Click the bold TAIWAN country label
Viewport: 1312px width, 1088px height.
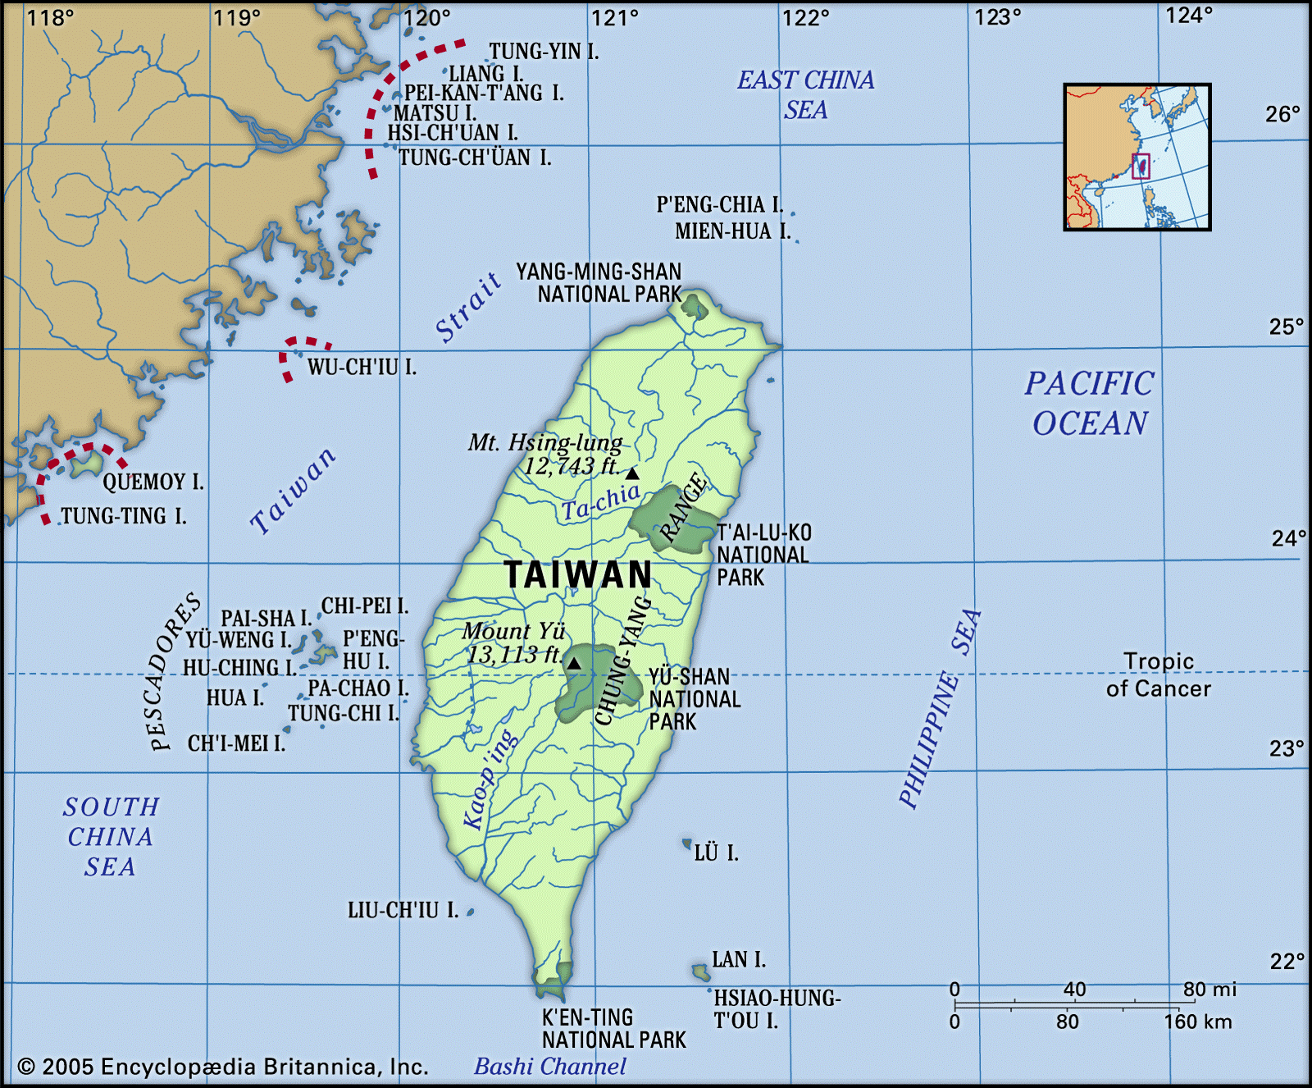(578, 575)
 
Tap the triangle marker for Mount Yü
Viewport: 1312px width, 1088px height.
(575, 663)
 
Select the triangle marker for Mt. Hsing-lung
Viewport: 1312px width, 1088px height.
(632, 473)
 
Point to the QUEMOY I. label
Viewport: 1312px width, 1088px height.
(153, 482)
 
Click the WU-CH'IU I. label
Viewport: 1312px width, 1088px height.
(362, 368)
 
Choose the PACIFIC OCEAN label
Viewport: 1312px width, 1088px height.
(1090, 404)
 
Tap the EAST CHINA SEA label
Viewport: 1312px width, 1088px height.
(805, 94)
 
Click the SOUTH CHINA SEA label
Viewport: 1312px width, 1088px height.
(111, 837)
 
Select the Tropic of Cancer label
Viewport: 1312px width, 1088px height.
(1158, 675)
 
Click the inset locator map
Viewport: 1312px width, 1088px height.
(1137, 157)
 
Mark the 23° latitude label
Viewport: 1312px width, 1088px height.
(1287, 748)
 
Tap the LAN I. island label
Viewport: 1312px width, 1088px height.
(739, 959)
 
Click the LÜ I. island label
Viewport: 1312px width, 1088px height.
(716, 853)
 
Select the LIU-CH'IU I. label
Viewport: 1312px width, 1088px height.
(403, 910)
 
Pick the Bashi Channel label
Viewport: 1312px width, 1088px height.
(550, 1067)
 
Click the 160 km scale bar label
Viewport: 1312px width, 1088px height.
(1197, 1022)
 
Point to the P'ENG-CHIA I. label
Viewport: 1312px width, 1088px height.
(719, 204)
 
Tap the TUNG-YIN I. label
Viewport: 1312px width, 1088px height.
(544, 52)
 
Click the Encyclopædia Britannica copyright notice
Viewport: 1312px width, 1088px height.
(223, 1067)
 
